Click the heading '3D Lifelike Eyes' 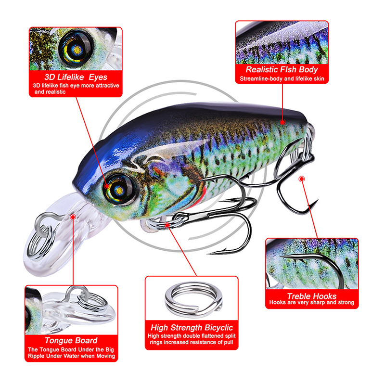[76, 77]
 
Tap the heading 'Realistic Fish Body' [282, 69]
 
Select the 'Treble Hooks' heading [311, 295]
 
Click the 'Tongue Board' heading [71, 340]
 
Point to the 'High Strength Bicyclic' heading [192, 327]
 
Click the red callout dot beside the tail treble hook [302, 179]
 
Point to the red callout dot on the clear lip [73, 218]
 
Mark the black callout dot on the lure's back [283, 122]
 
